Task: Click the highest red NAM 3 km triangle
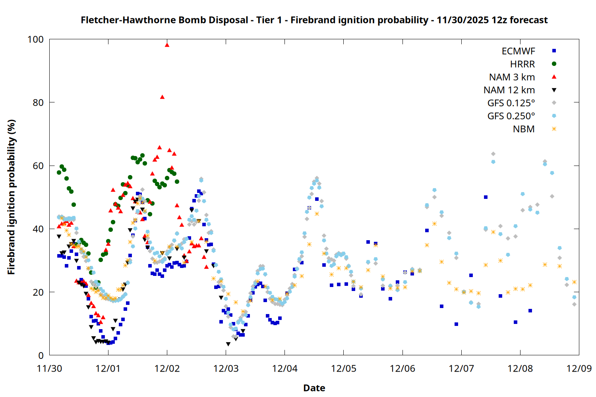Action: pyautogui.click(x=167, y=45)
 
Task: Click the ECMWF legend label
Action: pyautogui.click(x=518, y=51)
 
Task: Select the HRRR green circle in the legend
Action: pyautogui.click(x=554, y=64)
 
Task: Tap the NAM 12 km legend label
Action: pyautogui.click(x=509, y=90)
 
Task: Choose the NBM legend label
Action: pyautogui.click(x=524, y=129)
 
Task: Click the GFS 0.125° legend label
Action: pyautogui.click(x=511, y=103)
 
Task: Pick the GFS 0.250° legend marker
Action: pyautogui.click(x=554, y=116)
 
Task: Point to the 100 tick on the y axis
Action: pyautogui.click(x=35, y=39)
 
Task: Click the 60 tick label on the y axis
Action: pyautogui.click(x=38, y=166)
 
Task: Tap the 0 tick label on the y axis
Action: pyautogui.click(x=41, y=356)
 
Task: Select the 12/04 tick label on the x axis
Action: pyautogui.click(x=284, y=368)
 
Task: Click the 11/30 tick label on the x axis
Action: pyautogui.click(x=49, y=368)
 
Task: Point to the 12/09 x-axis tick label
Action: pyautogui.click(x=579, y=368)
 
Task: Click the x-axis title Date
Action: pyautogui.click(x=314, y=388)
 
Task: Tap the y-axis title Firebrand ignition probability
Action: pyautogui.click(x=12, y=197)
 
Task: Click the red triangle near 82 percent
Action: pyautogui.click(x=162, y=97)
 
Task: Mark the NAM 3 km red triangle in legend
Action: pyautogui.click(x=554, y=77)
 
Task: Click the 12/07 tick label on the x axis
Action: pyautogui.click(x=461, y=368)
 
